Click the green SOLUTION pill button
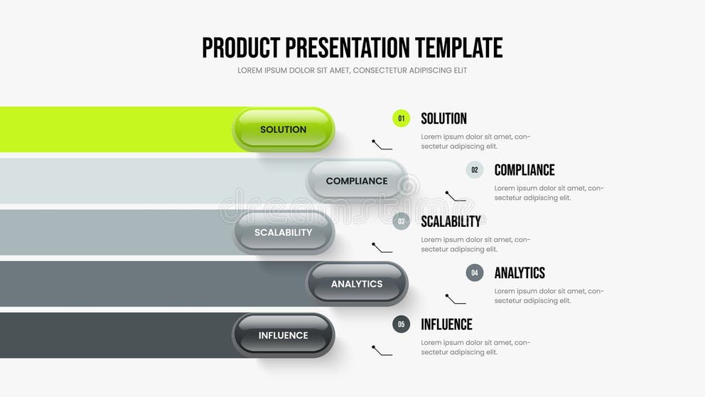point(284,129)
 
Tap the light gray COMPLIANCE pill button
point(357,181)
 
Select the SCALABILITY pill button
point(284,233)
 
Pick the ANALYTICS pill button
point(357,284)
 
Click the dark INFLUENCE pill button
point(284,335)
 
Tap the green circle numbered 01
point(402,118)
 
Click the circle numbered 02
point(475,170)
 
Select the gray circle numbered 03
point(402,221)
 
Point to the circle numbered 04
point(475,272)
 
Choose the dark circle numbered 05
point(402,324)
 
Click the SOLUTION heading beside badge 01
point(443,119)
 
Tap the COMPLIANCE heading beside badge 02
point(524,170)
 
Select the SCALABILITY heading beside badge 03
point(451,221)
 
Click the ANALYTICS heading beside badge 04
point(520,272)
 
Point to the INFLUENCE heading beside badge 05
point(446,324)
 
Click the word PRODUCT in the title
point(241,48)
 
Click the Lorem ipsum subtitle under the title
point(352,70)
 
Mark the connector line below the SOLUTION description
point(382,146)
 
